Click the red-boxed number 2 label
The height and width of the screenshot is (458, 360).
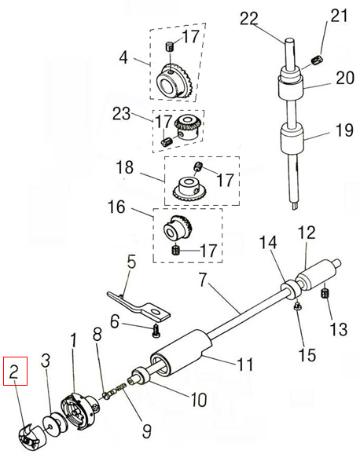click(x=15, y=372)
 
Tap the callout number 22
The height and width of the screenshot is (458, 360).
click(x=249, y=19)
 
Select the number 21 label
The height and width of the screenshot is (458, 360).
click(x=339, y=15)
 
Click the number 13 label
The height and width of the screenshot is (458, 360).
click(x=339, y=329)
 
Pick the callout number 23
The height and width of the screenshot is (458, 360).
click(x=122, y=113)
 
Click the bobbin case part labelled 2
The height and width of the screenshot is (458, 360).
click(x=29, y=436)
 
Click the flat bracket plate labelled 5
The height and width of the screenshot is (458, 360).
click(x=138, y=306)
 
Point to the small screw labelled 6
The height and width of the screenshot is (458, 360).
click(x=156, y=331)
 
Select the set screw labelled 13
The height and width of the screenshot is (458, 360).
click(x=324, y=293)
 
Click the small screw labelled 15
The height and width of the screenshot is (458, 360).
click(x=297, y=306)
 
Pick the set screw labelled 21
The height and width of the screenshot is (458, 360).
click(x=317, y=60)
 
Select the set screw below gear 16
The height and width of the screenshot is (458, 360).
click(x=176, y=250)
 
